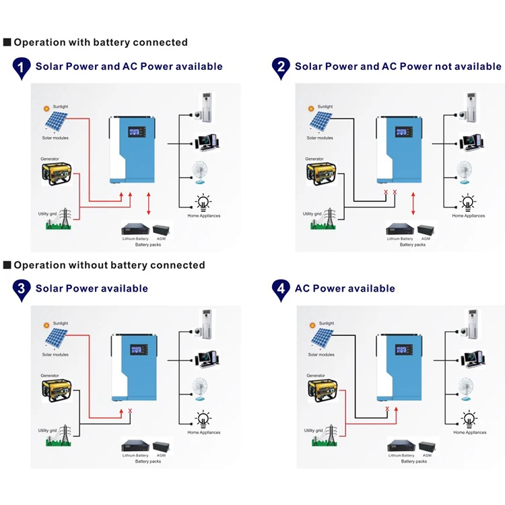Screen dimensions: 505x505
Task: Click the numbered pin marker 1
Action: pyautogui.click(x=22, y=68)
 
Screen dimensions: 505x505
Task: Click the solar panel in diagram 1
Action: pyautogui.click(x=56, y=122)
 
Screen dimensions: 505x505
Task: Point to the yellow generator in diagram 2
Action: pyautogui.click(x=319, y=172)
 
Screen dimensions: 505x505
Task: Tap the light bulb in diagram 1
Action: pyautogui.click(x=203, y=201)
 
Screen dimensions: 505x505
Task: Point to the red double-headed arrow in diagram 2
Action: pyautogui.click(x=413, y=203)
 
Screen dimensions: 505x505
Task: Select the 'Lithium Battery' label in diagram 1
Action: pyautogui.click(x=135, y=239)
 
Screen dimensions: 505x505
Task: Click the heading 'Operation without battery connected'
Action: pyautogui.click(x=109, y=265)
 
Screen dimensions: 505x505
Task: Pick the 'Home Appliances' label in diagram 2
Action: pyautogui.click(x=467, y=216)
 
